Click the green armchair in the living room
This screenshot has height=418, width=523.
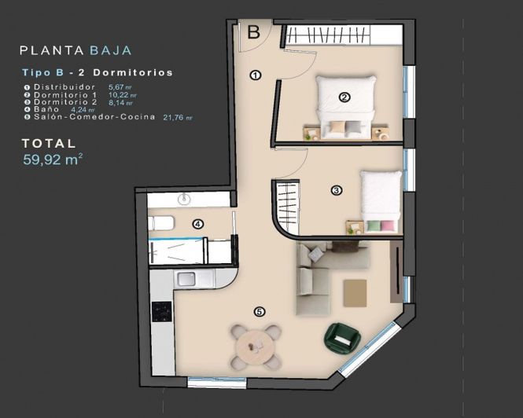341,337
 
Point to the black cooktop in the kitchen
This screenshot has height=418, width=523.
161,312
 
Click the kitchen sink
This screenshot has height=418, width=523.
186,278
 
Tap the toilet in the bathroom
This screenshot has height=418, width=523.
161,223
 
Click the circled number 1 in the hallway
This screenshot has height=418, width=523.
255,75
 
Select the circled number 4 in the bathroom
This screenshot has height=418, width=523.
198,224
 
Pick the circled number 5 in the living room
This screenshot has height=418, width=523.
260,312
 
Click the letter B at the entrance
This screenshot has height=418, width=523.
254,32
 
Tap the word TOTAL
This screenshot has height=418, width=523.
49,144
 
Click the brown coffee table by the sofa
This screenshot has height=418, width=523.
355,292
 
